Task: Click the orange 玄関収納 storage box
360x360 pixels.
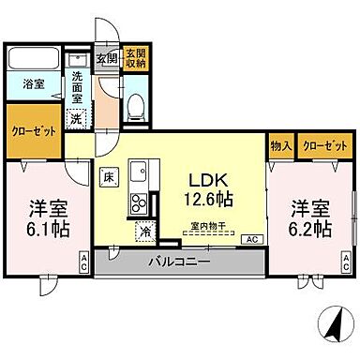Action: (x=136, y=58)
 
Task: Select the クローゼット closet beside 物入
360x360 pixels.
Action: (x=324, y=146)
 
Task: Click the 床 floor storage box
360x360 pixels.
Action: (x=108, y=174)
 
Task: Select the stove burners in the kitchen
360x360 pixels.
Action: (x=139, y=202)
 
